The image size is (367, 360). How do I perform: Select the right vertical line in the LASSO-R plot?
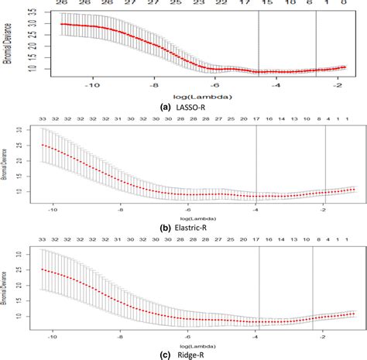317,46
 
